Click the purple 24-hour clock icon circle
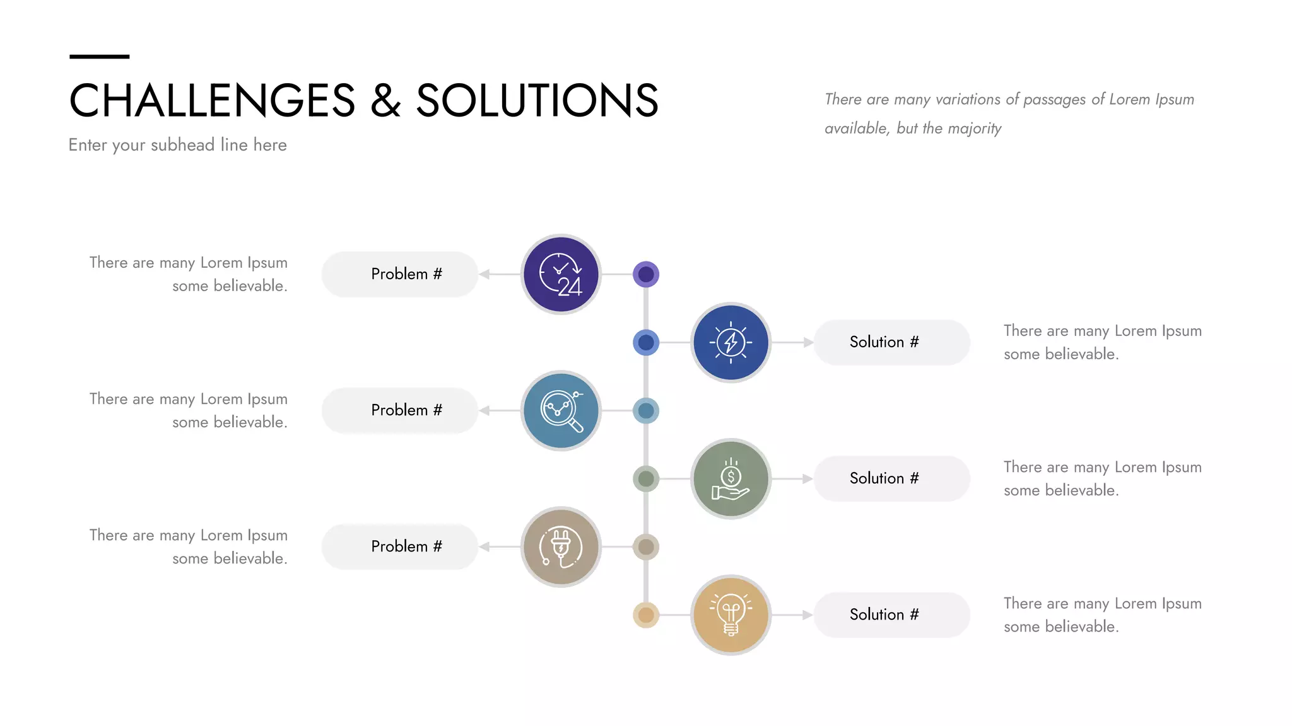(x=561, y=274)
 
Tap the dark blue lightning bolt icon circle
(x=731, y=342)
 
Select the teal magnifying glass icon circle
(x=561, y=410)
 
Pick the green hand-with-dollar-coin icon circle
(x=731, y=479)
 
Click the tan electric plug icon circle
(x=561, y=546)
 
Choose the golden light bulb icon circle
(x=731, y=614)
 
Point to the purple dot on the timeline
(x=646, y=274)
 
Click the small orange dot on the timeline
(x=646, y=614)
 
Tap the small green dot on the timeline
(x=646, y=479)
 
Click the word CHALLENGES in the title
(x=212, y=101)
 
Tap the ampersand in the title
(x=385, y=101)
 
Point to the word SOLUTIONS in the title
(x=537, y=101)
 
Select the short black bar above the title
(x=99, y=57)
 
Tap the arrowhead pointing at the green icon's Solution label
(x=807, y=479)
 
